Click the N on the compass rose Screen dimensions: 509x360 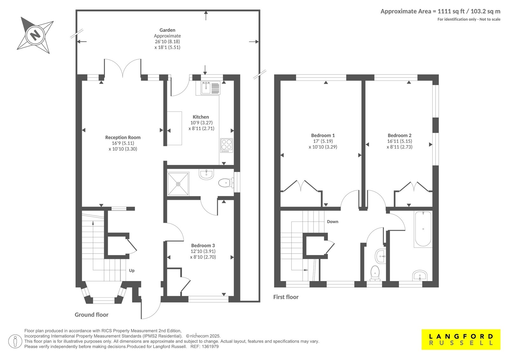35,35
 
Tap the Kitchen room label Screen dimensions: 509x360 201,117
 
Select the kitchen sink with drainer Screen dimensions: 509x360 210,88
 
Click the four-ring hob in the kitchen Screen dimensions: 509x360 227,145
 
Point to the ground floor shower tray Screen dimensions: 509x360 178,184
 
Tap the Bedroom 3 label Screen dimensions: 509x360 203,245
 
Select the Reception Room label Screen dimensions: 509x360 123,138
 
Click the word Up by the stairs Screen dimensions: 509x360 132,271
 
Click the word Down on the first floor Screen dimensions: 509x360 332,222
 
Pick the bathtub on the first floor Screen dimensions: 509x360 423,229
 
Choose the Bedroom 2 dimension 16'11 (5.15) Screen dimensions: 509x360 400,141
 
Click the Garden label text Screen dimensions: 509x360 167,30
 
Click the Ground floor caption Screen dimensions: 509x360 92,315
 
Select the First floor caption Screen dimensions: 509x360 286,297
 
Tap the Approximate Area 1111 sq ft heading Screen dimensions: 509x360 440,11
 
